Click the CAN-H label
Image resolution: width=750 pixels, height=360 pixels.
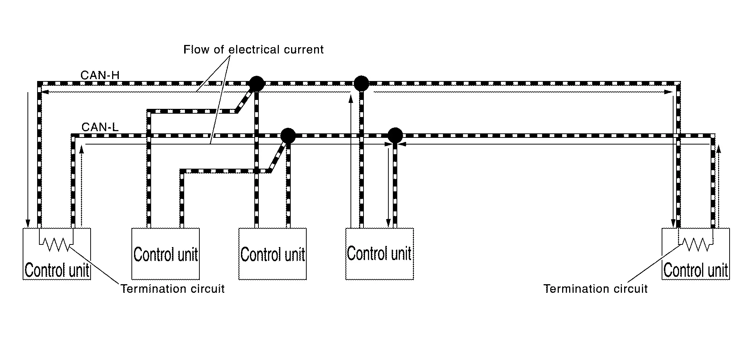pyautogui.click(x=100, y=75)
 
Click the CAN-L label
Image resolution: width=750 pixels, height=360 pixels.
pyautogui.click(x=100, y=127)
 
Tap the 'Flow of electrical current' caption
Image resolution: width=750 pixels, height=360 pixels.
pyautogui.click(x=253, y=50)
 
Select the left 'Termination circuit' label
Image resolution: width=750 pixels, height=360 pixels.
pyautogui.click(x=173, y=289)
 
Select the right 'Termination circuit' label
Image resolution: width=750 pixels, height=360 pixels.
pyautogui.click(x=595, y=289)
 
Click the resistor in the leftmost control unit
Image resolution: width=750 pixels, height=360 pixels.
pyautogui.click(x=56, y=244)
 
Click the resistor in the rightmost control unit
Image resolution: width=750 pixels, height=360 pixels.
pyautogui.click(x=696, y=244)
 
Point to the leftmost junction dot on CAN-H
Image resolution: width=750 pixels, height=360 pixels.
pyautogui.click(x=256, y=84)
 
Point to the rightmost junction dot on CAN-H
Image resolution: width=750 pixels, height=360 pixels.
pyautogui.click(x=361, y=84)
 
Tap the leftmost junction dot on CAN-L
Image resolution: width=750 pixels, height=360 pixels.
pyautogui.click(x=288, y=136)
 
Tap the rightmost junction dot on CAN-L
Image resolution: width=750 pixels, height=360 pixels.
pyautogui.click(x=395, y=136)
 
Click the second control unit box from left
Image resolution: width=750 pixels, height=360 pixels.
pyautogui.click(x=166, y=254)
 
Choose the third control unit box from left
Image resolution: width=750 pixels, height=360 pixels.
pyautogui.click(x=273, y=254)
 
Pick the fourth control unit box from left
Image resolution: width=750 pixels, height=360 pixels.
pyautogui.click(x=379, y=254)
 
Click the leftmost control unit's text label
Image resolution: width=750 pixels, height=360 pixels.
pyautogui.click(x=57, y=270)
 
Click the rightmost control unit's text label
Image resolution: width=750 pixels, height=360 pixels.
pyautogui.click(x=695, y=270)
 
